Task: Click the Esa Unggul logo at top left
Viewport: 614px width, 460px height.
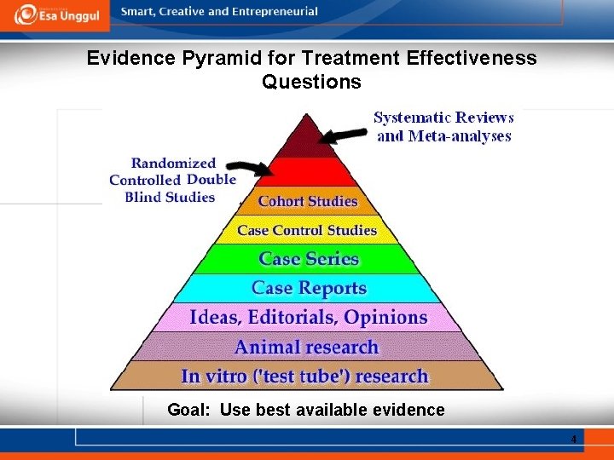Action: click(x=56, y=14)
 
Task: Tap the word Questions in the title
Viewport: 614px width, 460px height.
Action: click(x=311, y=83)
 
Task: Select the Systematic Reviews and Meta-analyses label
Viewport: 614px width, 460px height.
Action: click(x=443, y=127)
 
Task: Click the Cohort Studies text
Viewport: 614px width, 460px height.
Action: click(x=308, y=201)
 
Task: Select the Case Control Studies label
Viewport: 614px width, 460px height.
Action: click(x=307, y=230)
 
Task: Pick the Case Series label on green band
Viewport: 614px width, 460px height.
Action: click(x=309, y=259)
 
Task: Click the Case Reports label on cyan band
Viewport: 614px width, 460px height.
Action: click(x=309, y=288)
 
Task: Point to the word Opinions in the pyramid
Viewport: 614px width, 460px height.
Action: click(x=385, y=317)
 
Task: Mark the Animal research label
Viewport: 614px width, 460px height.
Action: click(x=306, y=347)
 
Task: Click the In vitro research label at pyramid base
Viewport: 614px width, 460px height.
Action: click(x=304, y=376)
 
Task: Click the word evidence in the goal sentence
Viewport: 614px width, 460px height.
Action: click(x=407, y=410)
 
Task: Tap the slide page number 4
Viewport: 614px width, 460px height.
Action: click(x=574, y=440)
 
